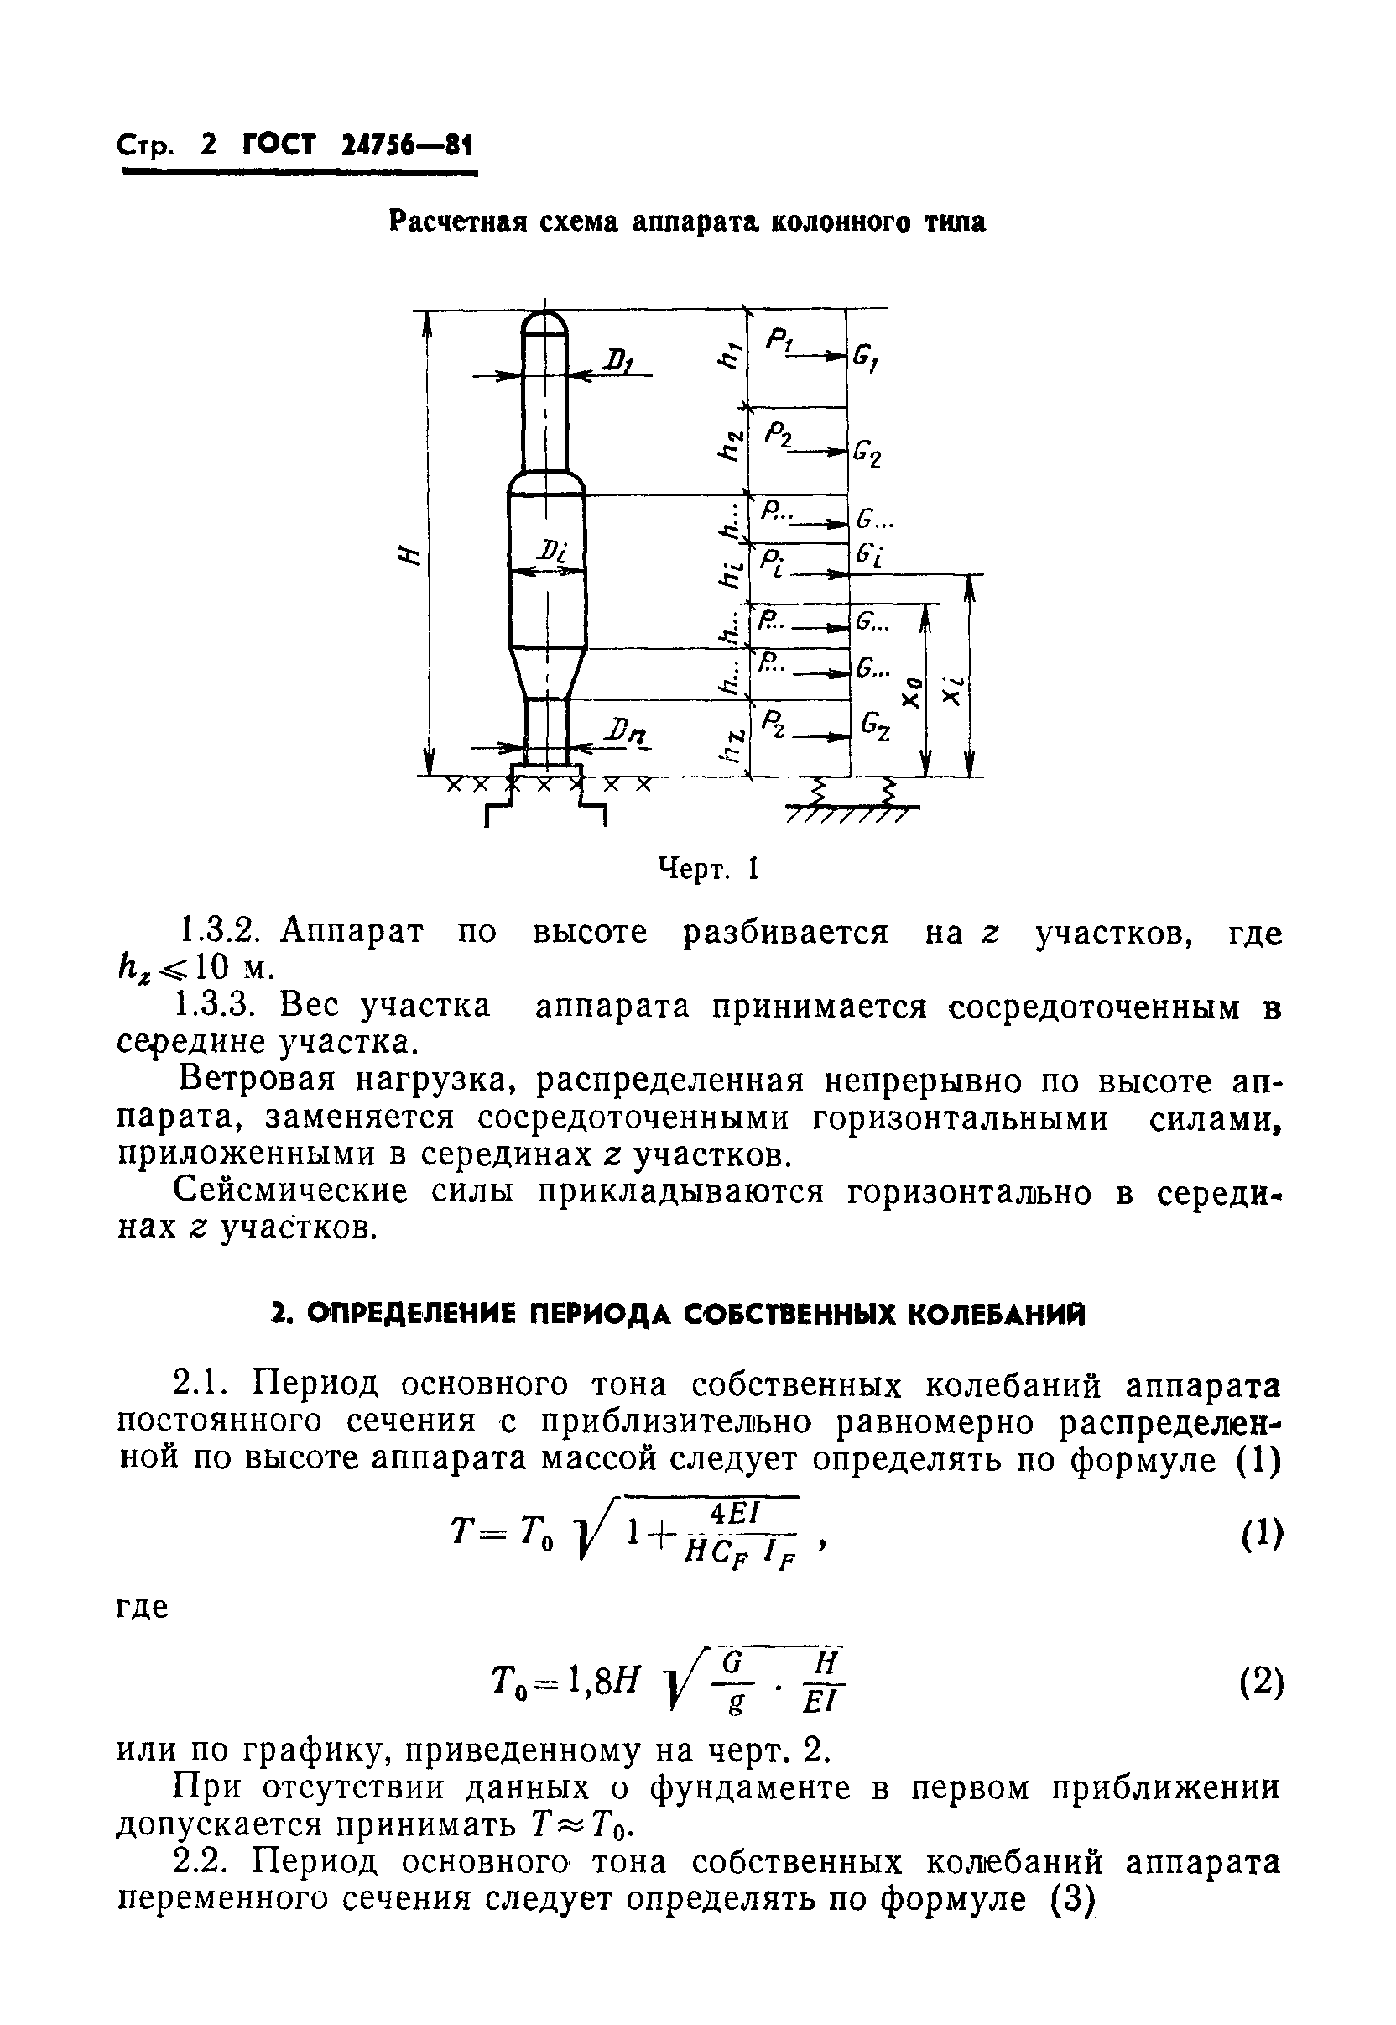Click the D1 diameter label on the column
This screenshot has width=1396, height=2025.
coord(620,359)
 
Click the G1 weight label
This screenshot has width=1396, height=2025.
coord(866,358)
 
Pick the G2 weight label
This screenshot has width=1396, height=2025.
coord(867,453)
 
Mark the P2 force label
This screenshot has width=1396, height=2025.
coord(778,434)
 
